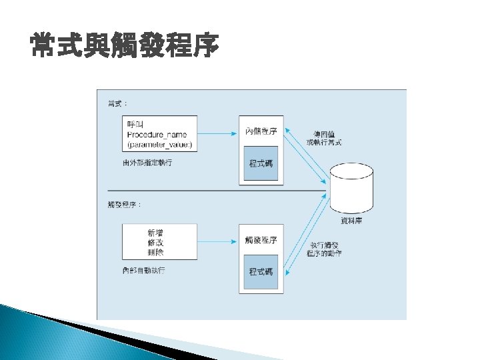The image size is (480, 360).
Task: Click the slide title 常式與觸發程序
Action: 124,47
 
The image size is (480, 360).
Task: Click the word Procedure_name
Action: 157,134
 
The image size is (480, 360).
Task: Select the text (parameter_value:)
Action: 159,144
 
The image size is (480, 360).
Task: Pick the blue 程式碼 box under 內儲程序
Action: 261,163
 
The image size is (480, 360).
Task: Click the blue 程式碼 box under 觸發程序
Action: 261,271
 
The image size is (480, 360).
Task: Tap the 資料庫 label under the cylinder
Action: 352,221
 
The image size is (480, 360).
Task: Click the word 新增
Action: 155,233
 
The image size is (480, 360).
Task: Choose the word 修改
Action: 155,243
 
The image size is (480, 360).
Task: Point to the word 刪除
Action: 155,253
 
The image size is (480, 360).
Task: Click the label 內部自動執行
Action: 143,271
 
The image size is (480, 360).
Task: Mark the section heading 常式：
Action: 118,104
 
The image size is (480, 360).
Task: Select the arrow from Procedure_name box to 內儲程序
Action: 217,134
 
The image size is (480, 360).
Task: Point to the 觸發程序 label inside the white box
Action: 261,239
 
